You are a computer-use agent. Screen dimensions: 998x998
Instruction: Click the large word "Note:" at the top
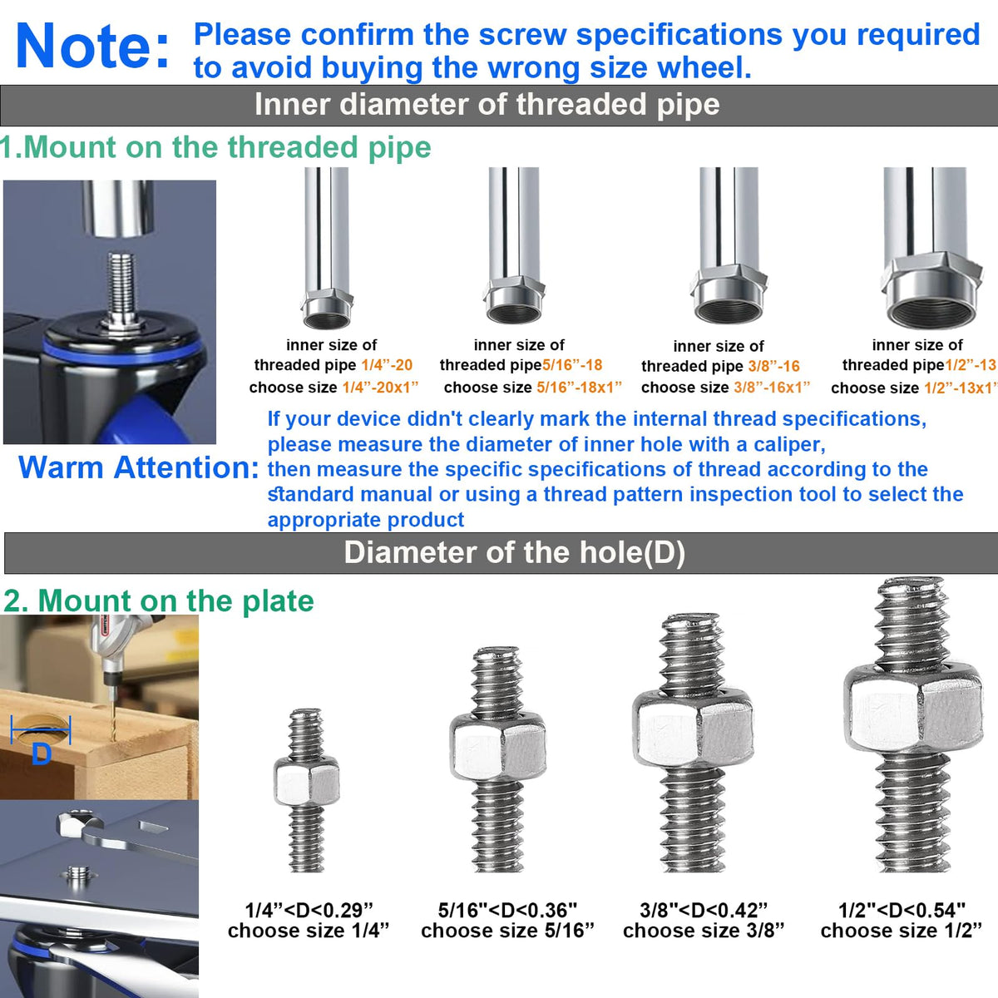tap(92, 46)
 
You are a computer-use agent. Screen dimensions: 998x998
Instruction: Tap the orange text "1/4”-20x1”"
tap(380, 388)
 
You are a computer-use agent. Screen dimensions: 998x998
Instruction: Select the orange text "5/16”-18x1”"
tap(579, 388)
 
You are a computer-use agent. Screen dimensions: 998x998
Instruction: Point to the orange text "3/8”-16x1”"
tap(772, 388)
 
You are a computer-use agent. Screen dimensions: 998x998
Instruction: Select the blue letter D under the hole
tap(42, 753)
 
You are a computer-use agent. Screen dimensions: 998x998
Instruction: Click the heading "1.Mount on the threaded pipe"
tap(215, 147)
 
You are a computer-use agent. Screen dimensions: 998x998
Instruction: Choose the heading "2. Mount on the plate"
tap(159, 600)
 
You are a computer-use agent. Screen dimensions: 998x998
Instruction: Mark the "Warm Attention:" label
tap(139, 467)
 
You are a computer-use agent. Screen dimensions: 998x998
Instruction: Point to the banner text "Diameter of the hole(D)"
tap(514, 552)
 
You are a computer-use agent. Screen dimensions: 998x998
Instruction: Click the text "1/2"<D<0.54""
tap(902, 910)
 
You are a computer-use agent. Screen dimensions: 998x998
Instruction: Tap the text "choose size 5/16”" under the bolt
tap(507, 931)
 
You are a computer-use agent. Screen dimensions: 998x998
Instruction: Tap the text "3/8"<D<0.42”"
tap(704, 910)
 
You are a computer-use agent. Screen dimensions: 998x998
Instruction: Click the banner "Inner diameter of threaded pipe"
tap(487, 105)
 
